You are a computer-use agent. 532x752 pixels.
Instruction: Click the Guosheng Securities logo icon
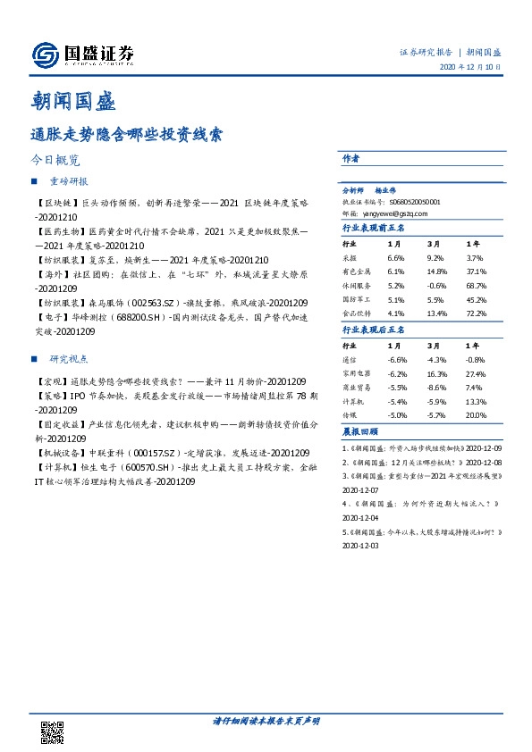(x=46, y=55)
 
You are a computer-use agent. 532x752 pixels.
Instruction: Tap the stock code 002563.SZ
(x=156, y=304)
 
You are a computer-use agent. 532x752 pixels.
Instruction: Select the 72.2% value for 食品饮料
(x=475, y=313)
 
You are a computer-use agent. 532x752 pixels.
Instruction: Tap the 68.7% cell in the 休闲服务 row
(x=475, y=285)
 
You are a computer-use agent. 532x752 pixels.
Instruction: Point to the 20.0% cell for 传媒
(x=475, y=415)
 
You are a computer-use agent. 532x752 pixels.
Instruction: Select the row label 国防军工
(x=358, y=299)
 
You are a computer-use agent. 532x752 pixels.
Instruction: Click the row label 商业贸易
(x=358, y=389)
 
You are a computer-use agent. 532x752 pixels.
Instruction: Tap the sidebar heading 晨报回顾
(x=359, y=431)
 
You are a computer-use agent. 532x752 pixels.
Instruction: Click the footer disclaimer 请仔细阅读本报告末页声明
(x=266, y=719)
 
